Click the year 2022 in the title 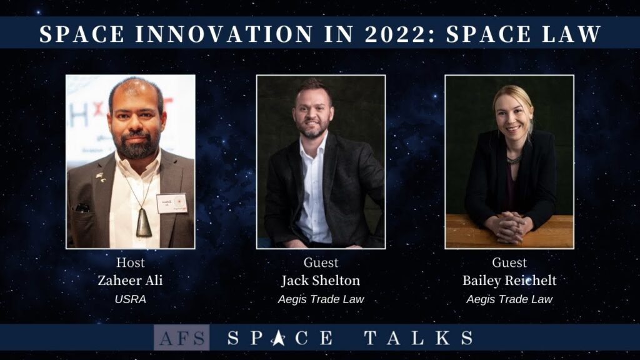click(395, 34)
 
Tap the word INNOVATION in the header click(224, 34)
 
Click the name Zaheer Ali click(130, 281)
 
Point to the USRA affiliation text click(130, 299)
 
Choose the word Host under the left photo click(130, 262)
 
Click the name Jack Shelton click(321, 281)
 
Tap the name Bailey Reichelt click(509, 281)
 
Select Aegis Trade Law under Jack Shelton click(321, 299)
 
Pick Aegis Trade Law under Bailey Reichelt click(509, 299)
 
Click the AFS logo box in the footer click(182, 337)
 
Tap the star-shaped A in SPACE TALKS click(278, 338)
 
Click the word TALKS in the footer click(418, 338)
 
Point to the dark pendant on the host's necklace click(144, 222)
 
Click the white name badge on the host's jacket click(172, 204)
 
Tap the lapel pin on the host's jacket click(100, 177)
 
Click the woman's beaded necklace click(514, 160)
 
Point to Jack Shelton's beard click(312, 130)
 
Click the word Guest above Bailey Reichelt click(509, 262)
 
